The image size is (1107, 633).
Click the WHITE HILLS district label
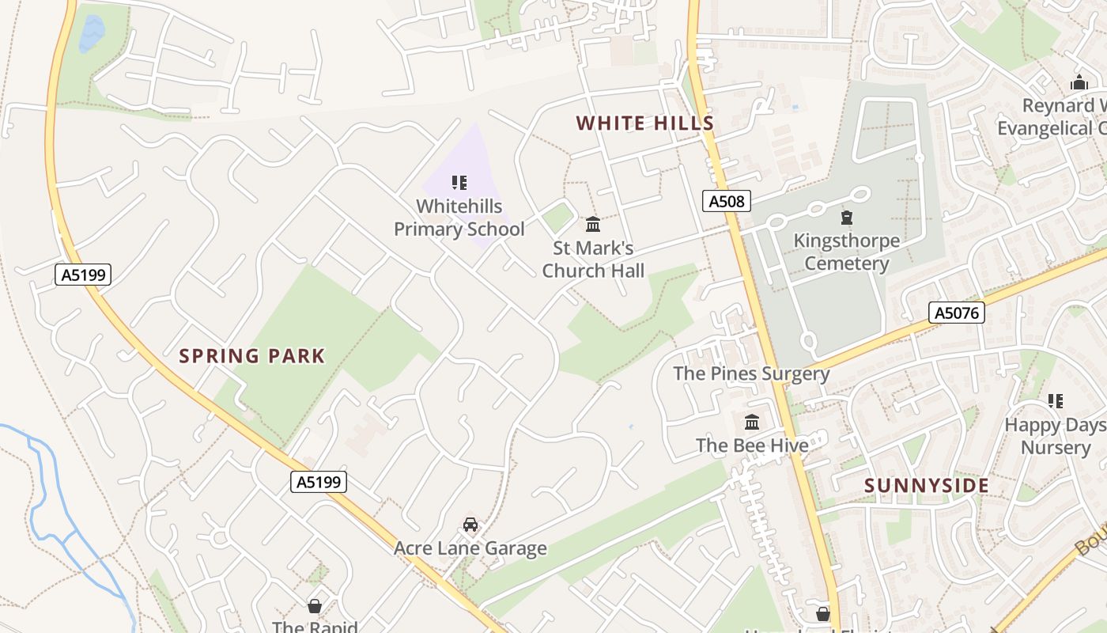(x=645, y=123)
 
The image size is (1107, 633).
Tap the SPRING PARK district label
(x=251, y=356)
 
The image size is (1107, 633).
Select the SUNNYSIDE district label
(x=927, y=486)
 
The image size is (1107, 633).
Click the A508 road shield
(x=726, y=201)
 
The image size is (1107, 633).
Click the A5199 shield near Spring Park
(x=83, y=275)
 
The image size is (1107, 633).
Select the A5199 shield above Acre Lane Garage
(x=319, y=482)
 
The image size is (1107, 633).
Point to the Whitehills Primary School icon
(x=459, y=183)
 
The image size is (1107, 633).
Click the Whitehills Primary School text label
(x=459, y=218)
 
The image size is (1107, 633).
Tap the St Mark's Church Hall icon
(x=593, y=225)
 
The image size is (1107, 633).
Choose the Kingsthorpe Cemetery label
(x=846, y=252)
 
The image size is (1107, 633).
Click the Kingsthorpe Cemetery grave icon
(x=847, y=217)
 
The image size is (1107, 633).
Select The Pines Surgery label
(x=751, y=373)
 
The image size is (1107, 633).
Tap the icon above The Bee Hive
(x=752, y=422)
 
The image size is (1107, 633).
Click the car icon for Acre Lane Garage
(x=470, y=525)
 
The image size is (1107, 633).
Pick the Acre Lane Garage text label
(x=470, y=548)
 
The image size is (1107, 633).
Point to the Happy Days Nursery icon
(x=1056, y=401)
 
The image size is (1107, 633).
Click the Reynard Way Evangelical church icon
(x=1079, y=82)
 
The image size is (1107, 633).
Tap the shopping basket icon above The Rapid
(x=315, y=606)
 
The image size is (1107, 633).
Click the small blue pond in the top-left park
(x=92, y=34)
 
